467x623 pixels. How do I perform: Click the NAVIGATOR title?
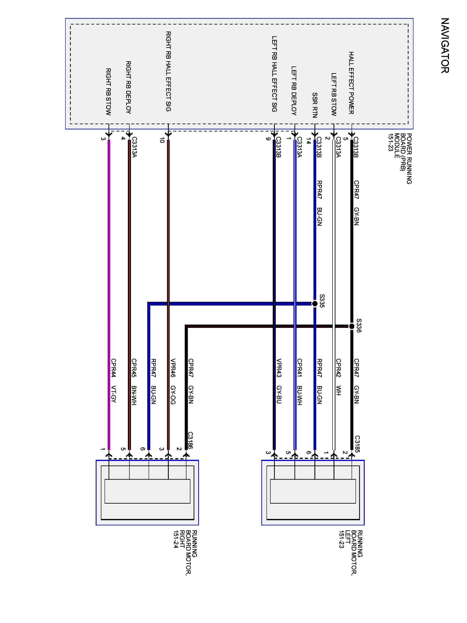point(445,46)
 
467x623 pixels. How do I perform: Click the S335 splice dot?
point(315,304)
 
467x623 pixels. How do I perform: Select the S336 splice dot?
point(352,326)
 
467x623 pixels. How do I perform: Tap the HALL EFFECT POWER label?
point(351,83)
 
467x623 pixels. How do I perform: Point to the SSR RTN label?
point(315,105)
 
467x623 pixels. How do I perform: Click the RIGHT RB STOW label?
point(108,92)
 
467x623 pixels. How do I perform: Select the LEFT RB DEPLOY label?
point(294,91)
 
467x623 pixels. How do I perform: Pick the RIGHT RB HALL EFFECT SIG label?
point(168,71)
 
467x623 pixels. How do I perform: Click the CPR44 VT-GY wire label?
point(114,380)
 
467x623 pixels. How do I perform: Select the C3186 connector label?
point(190,440)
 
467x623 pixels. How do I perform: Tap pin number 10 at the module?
point(161,140)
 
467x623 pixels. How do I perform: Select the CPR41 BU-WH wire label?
point(300,382)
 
